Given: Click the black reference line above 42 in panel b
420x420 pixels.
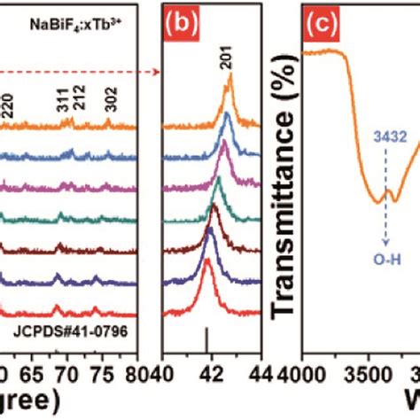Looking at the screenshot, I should tap(206, 338).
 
